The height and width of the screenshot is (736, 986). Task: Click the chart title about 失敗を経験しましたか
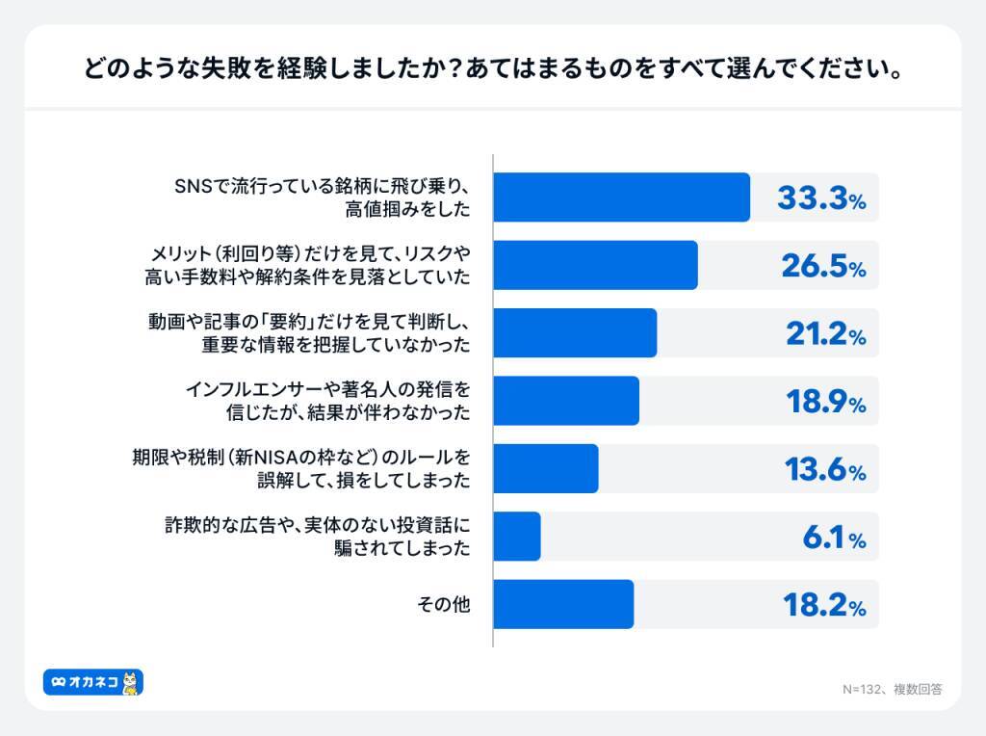pos(492,70)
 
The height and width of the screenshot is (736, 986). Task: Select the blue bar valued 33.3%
pos(621,197)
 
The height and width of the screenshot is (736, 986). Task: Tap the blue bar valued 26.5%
pos(595,265)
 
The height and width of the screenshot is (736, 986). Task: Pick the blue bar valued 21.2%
pos(575,333)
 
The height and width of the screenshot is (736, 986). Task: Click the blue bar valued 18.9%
pos(566,401)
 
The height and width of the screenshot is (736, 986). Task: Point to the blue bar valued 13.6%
pos(546,469)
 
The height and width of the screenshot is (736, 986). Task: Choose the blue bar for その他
pos(563,605)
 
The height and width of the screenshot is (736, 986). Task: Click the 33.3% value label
pos(821,198)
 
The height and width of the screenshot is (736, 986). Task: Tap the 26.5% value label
pos(821,267)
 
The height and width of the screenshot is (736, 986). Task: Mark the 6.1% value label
pos(834,538)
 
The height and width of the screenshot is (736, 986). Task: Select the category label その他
pos(443,605)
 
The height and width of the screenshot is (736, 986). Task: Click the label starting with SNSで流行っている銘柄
pos(322,197)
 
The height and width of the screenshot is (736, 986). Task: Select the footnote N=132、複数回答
pos(892,690)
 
